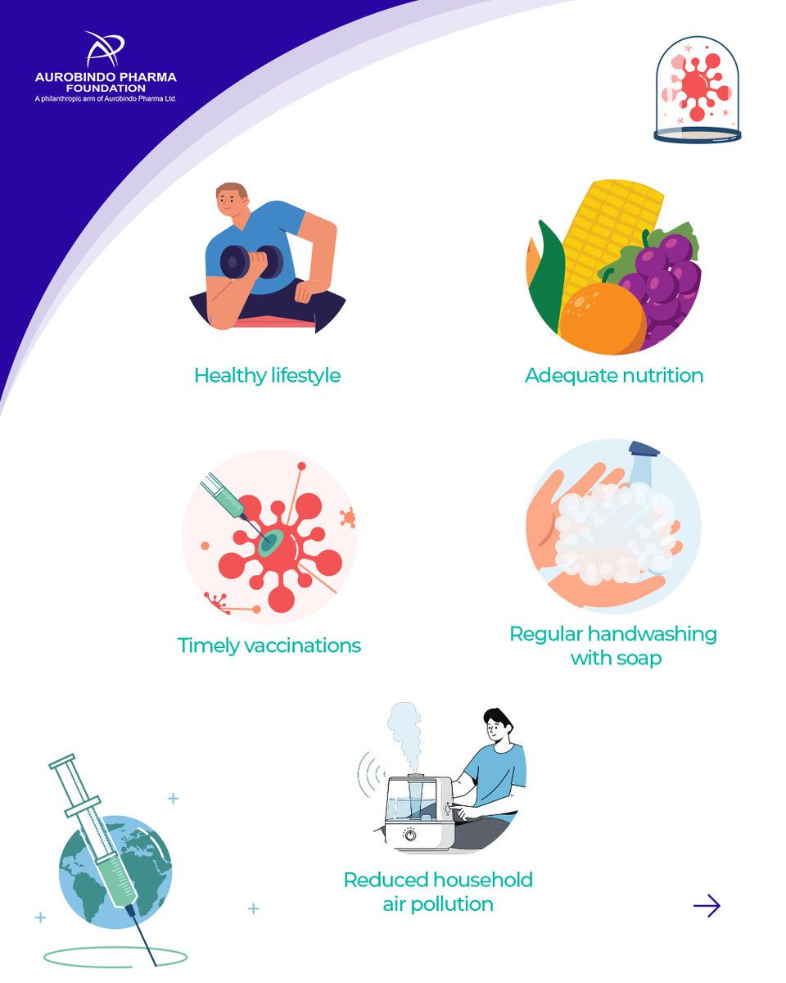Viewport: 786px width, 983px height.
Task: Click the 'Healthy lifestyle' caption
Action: [267, 376]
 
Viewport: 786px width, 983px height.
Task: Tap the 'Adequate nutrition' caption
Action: [614, 376]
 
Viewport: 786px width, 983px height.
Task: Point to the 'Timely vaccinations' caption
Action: [269, 646]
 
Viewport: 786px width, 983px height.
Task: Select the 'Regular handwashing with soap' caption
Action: [613, 646]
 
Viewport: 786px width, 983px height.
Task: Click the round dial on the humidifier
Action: [409, 834]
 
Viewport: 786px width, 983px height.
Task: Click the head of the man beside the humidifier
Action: [496, 724]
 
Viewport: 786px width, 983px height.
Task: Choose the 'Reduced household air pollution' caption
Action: [438, 892]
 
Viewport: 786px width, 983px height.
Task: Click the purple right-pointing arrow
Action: [707, 905]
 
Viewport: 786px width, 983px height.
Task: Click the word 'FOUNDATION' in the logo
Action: [106, 88]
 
